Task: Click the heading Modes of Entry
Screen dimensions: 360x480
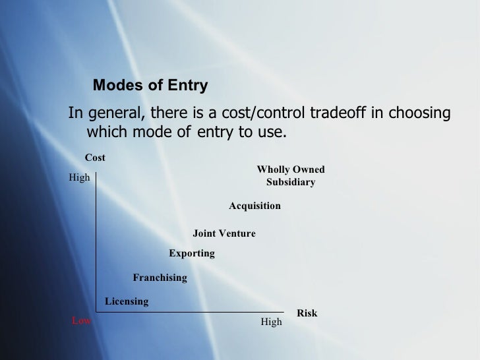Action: (150, 86)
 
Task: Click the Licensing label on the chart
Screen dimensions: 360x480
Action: (127, 301)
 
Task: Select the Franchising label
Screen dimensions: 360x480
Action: (160, 278)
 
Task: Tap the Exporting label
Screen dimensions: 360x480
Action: (192, 253)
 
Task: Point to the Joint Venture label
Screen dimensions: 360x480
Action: (224, 233)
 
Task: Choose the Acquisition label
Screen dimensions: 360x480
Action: (255, 206)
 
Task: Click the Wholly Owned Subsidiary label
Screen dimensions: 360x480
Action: (290, 175)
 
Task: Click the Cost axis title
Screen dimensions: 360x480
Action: (95, 157)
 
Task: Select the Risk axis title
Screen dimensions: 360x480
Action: (307, 313)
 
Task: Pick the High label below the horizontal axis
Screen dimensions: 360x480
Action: (271, 322)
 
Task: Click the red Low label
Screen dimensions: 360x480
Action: (81, 321)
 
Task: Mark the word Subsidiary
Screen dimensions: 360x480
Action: (290, 182)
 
